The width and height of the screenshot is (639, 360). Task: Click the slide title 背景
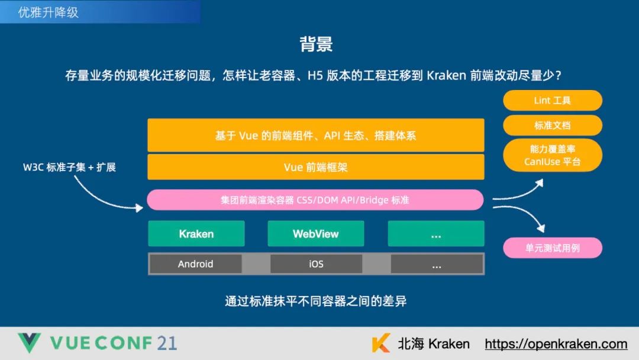[316, 44]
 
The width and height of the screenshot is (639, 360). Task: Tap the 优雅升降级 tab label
[49, 12]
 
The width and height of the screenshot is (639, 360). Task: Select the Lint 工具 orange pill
[552, 101]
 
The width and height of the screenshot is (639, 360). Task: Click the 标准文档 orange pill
[552, 126]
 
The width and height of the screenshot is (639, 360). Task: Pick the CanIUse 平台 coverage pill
[552, 155]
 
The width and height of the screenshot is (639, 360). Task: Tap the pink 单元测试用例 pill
[552, 248]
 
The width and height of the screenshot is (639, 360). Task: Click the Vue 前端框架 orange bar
[315, 168]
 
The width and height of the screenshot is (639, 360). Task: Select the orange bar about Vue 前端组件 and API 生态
[315, 136]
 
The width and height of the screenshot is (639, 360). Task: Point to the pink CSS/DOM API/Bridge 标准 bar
[315, 200]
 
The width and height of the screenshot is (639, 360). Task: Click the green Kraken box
[196, 234]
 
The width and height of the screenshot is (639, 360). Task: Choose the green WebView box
[315, 234]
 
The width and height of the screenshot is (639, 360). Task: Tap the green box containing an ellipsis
[436, 234]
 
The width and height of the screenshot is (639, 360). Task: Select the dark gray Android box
[195, 264]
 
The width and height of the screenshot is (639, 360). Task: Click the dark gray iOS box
[316, 264]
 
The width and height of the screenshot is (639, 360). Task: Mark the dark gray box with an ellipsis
[437, 264]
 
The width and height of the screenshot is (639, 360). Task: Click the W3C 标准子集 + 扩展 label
[69, 167]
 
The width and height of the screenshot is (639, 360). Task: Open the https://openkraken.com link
[556, 344]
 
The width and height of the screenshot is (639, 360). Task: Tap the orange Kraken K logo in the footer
[380, 343]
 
